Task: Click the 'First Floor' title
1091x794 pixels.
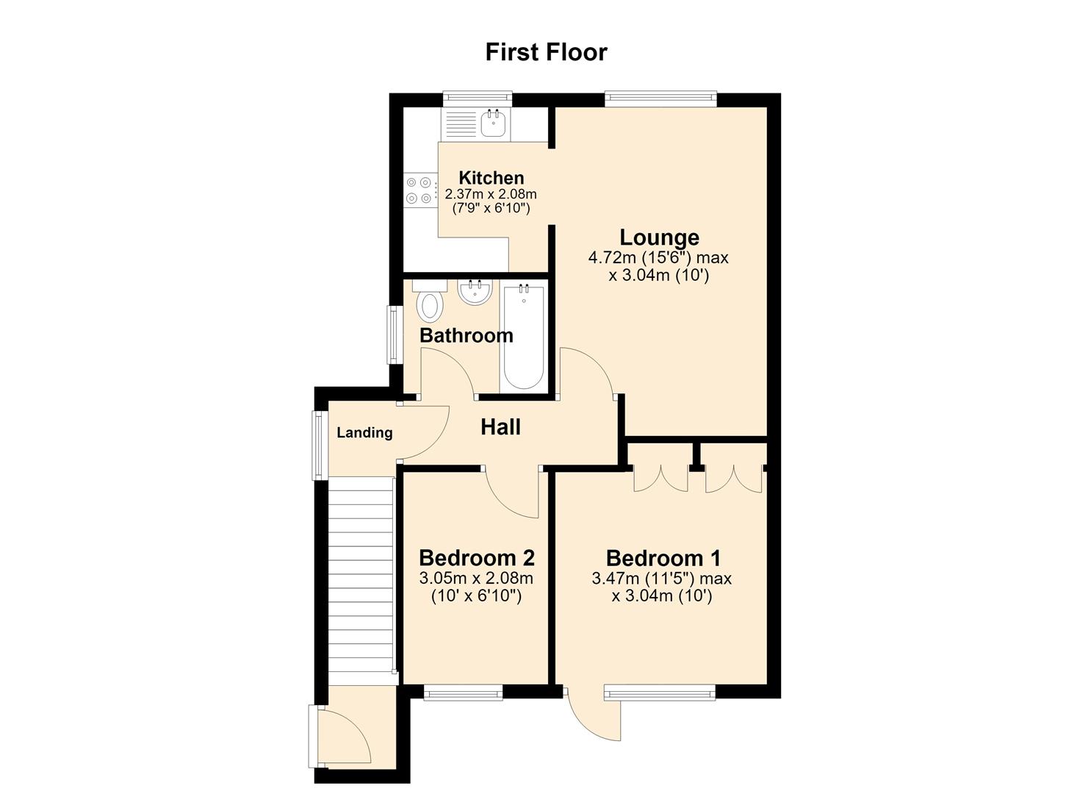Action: click(546, 52)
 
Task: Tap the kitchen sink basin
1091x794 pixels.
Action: click(493, 123)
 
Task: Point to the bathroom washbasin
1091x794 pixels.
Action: click(475, 292)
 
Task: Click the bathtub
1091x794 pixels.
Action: click(524, 337)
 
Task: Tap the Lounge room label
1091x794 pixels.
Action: click(659, 237)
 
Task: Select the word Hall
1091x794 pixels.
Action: click(501, 427)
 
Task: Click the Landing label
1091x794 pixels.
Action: click(365, 433)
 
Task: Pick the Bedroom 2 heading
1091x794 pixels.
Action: click(477, 557)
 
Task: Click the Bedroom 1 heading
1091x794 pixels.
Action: click(663, 557)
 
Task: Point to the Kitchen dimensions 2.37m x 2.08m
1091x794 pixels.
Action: click(491, 195)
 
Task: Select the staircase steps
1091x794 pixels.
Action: click(361, 582)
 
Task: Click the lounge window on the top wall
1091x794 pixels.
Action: click(661, 99)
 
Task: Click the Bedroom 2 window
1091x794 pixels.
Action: click(463, 693)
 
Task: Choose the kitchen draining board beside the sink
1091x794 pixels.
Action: click(459, 124)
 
